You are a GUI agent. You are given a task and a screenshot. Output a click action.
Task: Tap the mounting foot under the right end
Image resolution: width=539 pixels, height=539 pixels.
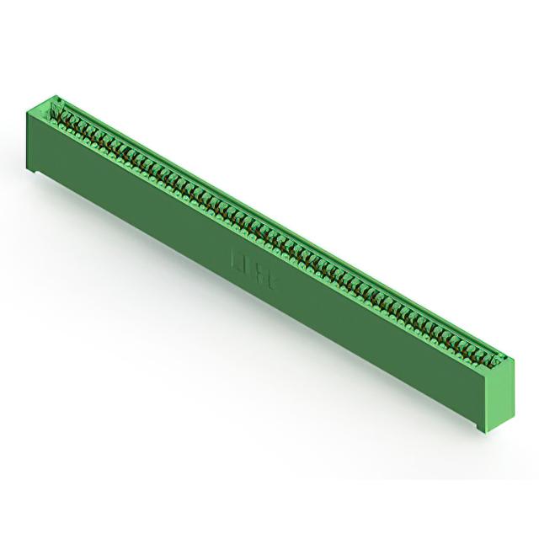482,430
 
